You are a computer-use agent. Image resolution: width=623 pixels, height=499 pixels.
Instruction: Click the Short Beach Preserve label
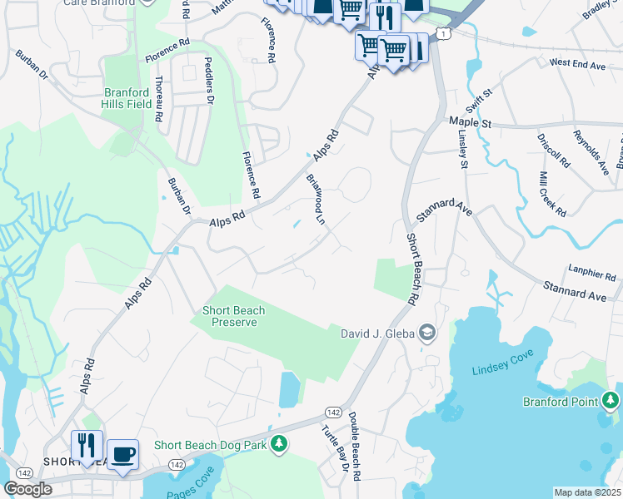click(234, 316)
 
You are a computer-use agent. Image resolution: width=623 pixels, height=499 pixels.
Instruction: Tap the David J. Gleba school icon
click(427, 333)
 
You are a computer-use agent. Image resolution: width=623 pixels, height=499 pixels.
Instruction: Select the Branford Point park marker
click(611, 402)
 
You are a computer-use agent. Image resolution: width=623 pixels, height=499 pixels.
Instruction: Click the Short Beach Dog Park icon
click(281, 446)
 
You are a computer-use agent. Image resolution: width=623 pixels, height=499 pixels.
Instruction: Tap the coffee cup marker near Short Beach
click(122, 454)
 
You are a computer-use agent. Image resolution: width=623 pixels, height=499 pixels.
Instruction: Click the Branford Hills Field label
click(127, 99)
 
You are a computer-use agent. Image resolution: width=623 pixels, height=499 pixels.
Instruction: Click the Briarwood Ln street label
click(314, 199)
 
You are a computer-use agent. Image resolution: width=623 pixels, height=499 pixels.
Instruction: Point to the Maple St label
click(471, 121)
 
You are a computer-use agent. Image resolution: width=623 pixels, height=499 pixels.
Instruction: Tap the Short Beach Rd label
click(413, 267)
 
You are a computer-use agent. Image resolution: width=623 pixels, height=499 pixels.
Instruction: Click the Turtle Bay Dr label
click(335, 449)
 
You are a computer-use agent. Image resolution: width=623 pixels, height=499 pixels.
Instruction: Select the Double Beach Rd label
click(354, 446)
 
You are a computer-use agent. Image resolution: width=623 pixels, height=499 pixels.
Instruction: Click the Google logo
click(27, 489)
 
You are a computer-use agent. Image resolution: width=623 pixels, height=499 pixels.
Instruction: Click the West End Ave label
click(576, 62)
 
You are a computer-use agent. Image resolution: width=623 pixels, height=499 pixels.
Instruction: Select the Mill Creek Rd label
click(552, 194)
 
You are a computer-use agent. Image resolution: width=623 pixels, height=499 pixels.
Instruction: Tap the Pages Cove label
click(191, 487)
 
